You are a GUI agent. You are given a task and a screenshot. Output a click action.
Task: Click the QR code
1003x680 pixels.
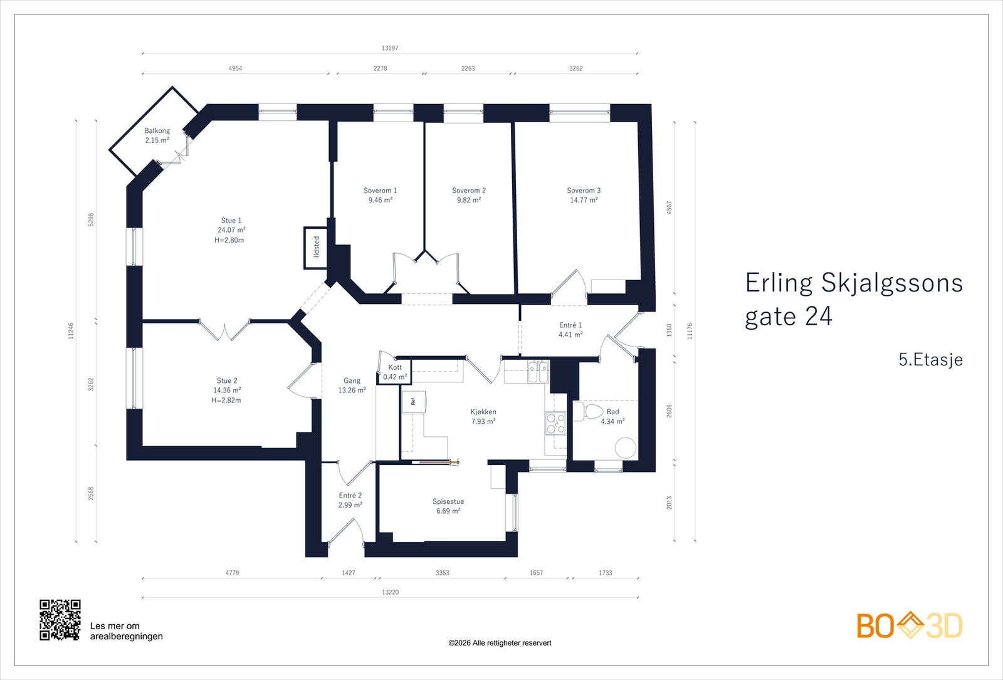(60, 620)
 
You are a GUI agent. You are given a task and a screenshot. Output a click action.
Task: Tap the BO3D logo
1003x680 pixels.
(910, 625)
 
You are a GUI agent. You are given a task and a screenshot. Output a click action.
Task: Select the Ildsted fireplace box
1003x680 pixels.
(316, 248)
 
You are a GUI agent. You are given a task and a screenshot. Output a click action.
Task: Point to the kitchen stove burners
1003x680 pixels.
(555, 423)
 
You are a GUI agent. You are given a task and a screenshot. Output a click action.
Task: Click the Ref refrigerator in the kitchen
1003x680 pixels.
(413, 402)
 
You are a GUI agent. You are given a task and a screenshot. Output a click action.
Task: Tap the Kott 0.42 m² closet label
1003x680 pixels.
(395, 372)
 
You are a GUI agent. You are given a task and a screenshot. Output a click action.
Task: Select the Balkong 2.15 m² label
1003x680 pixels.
(157, 135)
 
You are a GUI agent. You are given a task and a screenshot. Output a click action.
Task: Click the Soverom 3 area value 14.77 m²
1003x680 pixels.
(584, 200)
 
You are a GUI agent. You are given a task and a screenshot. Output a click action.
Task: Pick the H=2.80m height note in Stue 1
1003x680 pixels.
(229, 240)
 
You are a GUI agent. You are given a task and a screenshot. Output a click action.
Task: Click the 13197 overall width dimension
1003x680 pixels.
(389, 48)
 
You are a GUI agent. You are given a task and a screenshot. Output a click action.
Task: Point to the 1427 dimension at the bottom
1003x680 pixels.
(349, 573)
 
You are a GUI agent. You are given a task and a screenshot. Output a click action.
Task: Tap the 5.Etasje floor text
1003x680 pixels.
(930, 360)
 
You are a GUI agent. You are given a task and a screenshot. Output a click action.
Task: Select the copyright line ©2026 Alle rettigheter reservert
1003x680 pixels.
(500, 643)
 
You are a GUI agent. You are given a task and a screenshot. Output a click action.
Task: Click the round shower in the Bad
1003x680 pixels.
(626, 447)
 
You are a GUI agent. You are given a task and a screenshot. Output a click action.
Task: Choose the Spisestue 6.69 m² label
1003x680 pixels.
(448, 506)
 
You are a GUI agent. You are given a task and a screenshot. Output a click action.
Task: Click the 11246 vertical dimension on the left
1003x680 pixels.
(71, 331)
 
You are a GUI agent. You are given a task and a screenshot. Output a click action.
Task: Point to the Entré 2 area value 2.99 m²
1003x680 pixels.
(350, 505)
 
